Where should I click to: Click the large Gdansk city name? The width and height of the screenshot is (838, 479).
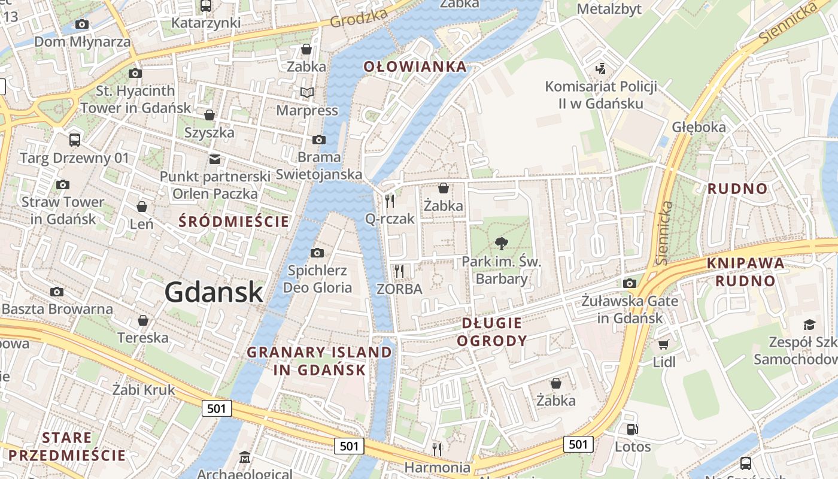tap(214, 292)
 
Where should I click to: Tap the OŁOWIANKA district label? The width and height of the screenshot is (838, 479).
tap(415, 66)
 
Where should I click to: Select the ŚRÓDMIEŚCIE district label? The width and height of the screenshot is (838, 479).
tap(234, 222)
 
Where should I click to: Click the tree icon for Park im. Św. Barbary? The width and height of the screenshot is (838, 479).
tap(501, 243)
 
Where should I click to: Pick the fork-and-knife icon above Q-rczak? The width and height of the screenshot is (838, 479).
tap(390, 201)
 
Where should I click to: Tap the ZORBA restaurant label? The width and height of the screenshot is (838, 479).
tap(399, 289)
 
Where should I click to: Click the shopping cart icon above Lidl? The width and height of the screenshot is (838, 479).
tap(663, 344)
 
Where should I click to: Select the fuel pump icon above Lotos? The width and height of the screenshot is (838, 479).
tap(632, 429)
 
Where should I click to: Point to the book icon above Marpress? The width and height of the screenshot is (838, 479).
tap(306, 93)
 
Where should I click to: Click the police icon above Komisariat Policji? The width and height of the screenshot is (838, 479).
tap(600, 68)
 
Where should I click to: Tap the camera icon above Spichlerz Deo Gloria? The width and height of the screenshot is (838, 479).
tap(317, 253)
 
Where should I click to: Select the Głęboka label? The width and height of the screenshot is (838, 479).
tap(699, 127)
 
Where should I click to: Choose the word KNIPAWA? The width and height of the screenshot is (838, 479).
tap(745, 263)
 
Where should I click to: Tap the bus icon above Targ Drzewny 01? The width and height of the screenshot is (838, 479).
tap(74, 140)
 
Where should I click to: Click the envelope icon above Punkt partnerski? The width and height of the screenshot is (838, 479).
tap(214, 159)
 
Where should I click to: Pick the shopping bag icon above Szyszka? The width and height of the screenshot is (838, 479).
tap(209, 114)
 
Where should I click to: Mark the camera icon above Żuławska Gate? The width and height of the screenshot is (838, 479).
tap(629, 283)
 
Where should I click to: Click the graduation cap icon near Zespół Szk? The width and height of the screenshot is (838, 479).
tap(809, 325)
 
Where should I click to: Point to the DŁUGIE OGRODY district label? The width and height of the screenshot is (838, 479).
tap(491, 332)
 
